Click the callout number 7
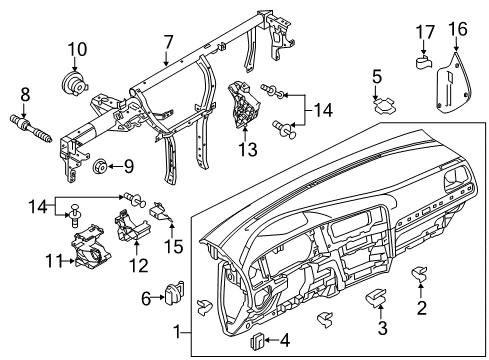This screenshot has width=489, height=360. point(169,43)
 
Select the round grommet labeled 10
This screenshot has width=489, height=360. point(74,83)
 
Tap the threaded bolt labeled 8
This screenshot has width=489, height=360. point(31,129)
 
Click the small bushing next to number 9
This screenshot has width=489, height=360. point(99,167)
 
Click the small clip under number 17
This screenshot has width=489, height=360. point(424,62)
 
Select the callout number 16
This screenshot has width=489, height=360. point(458,29)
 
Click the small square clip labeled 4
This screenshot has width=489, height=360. point(257,340)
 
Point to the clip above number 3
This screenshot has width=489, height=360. point(376,296)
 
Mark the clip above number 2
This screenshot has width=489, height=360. point(419,273)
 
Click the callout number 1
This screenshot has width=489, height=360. point(178,332)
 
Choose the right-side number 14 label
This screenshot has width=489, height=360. point(323,110)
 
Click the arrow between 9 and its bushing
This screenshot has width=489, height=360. point(114,166)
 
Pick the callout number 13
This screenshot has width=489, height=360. point(248,149)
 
